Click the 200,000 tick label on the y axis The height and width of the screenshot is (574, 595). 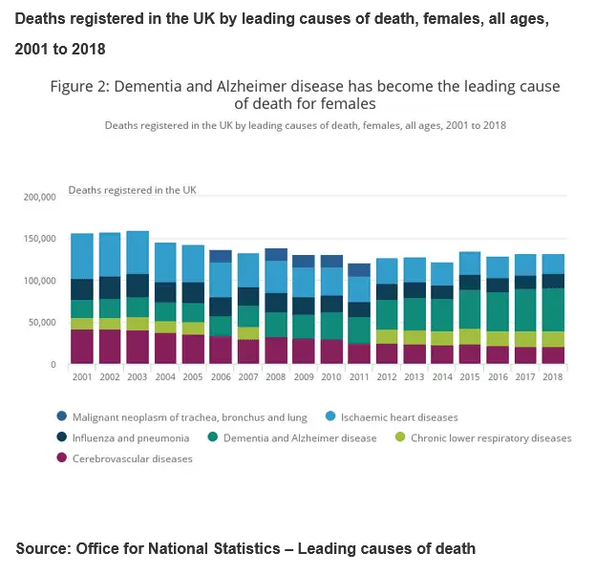[39, 197]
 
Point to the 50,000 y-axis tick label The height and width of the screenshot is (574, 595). [42, 323]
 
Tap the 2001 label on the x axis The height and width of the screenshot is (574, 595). [82, 378]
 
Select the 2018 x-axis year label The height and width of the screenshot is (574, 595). [552, 378]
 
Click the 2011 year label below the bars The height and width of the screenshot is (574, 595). [358, 378]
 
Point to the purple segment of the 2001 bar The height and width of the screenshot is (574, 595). [82, 346]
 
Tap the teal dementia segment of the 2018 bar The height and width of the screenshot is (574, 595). [552, 309]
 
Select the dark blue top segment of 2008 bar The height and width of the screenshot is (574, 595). [276, 254]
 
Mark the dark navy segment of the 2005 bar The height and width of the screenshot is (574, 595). [193, 292]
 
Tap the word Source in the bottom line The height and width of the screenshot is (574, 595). [42, 548]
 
